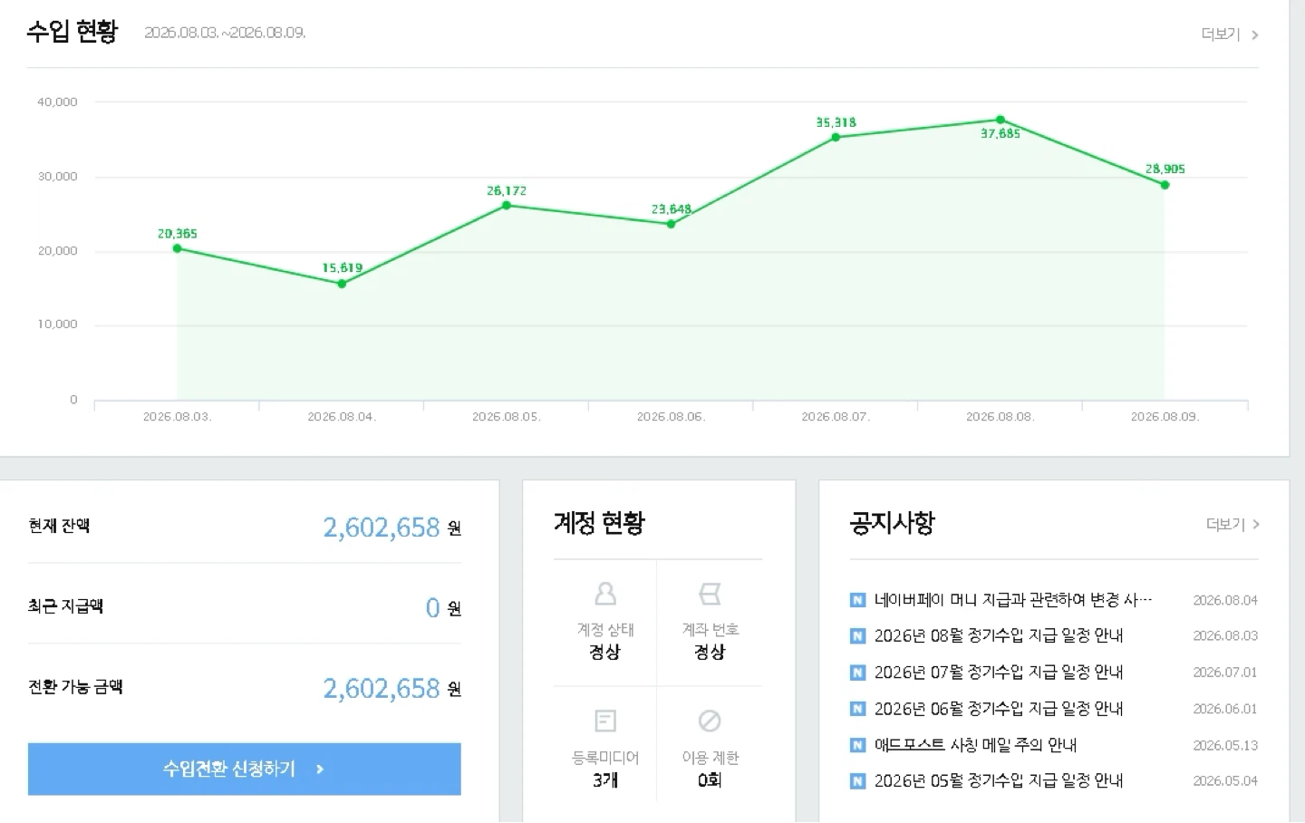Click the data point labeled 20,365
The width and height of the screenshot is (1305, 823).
(177, 249)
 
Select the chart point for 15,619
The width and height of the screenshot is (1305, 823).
(342, 284)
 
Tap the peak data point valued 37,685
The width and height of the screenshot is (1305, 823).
(1000, 120)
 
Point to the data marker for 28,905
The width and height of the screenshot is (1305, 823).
(1165, 185)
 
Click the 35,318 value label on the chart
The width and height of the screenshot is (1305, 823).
(836, 122)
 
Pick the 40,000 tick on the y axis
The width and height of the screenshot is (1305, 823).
(57, 102)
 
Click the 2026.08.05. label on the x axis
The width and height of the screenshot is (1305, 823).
(507, 417)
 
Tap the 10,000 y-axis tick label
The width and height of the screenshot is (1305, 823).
(57, 324)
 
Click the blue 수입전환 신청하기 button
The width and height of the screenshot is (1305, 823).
(244, 769)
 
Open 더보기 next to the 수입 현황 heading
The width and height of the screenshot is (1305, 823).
(1229, 34)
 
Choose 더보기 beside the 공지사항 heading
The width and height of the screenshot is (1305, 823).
(1232, 524)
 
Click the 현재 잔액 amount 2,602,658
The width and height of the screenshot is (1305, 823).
(382, 528)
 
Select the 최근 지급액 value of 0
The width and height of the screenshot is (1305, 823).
(432, 607)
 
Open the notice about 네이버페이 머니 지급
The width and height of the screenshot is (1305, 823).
(1013, 600)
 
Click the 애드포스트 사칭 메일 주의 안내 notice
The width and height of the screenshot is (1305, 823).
(975, 745)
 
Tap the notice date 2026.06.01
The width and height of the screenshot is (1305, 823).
(1225, 709)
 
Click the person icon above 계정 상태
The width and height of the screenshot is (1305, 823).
(605, 594)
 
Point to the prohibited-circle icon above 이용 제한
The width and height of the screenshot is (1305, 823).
(710, 721)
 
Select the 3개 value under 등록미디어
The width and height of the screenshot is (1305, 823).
(605, 779)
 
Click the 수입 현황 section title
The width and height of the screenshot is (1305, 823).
(72, 32)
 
